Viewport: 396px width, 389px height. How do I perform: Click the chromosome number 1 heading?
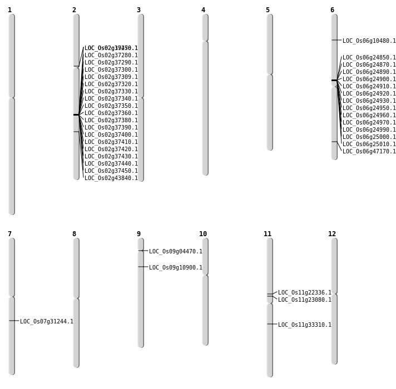click(x=9, y=10)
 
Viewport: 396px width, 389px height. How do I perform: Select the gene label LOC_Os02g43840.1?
click(x=111, y=178)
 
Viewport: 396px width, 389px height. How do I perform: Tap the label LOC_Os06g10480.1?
click(x=369, y=41)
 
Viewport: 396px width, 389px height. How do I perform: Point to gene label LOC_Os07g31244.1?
click(x=46, y=322)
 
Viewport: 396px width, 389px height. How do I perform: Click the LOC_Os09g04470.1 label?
click(x=175, y=252)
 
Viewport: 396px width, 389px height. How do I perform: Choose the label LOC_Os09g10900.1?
click(x=175, y=268)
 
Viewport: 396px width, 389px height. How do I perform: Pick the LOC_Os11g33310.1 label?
click(x=304, y=325)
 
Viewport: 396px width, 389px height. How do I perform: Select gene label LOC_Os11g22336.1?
click(x=304, y=293)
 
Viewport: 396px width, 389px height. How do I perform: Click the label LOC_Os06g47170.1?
click(x=369, y=152)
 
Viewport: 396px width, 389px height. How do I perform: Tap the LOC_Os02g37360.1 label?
click(x=111, y=113)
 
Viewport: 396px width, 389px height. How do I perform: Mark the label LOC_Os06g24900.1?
click(x=369, y=79)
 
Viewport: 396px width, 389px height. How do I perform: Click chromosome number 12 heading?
click(x=332, y=234)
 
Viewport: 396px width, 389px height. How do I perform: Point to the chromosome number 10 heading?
click(x=203, y=234)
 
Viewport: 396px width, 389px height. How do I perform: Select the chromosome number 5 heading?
click(x=268, y=10)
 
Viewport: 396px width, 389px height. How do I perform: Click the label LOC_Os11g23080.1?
click(x=304, y=300)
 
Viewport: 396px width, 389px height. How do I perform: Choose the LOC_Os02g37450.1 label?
click(x=111, y=171)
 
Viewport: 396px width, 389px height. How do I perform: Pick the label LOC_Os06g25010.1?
click(x=369, y=144)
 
